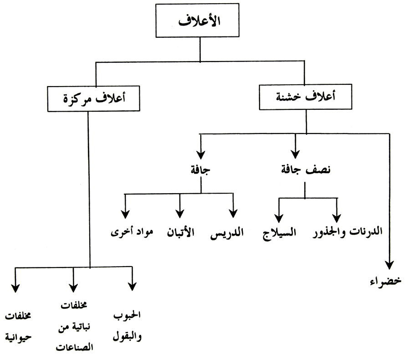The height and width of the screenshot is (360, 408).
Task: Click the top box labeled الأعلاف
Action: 197,21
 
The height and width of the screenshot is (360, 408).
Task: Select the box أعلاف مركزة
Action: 94,99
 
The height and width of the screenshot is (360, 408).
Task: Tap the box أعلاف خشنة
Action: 306,97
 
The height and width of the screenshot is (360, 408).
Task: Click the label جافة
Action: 200,170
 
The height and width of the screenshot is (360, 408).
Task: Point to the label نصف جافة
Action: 306,170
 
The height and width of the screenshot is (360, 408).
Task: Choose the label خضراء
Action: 386,281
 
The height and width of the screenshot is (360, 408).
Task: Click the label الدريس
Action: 227,232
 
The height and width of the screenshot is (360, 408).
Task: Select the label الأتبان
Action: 181,232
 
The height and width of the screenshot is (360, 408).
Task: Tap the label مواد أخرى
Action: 132,231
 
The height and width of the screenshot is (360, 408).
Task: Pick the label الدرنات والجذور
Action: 347,231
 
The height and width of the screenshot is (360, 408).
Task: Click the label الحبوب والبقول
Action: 127,326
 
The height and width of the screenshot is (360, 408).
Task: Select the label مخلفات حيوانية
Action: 18,327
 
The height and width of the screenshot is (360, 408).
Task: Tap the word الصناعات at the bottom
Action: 74,347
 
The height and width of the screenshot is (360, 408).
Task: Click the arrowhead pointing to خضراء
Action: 389,265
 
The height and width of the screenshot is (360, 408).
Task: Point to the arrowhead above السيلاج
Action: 279,218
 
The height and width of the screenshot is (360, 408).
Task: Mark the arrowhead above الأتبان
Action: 180,214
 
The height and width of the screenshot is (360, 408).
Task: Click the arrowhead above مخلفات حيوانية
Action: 15,288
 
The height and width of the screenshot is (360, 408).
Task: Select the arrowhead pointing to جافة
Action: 201,154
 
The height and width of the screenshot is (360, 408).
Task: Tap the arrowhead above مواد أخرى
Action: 125,214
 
